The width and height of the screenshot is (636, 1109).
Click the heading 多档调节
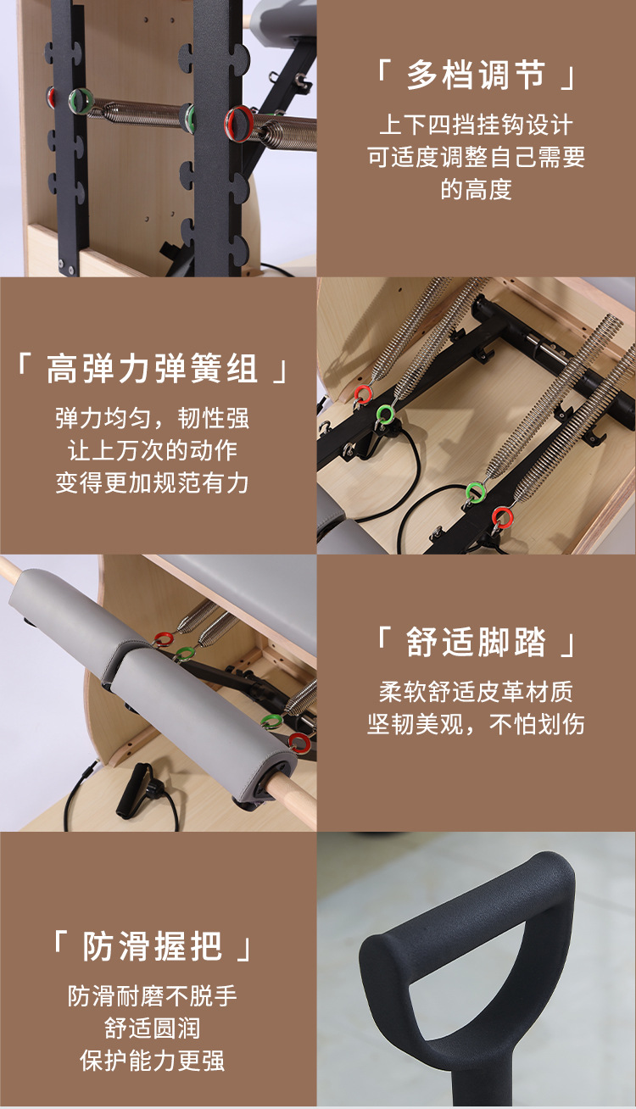(x=476, y=75)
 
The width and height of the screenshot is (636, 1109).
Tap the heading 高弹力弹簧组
(x=153, y=370)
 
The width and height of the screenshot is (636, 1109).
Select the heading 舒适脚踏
(x=476, y=642)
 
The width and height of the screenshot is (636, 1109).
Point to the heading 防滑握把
(x=153, y=946)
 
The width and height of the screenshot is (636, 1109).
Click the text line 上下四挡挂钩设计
(x=476, y=125)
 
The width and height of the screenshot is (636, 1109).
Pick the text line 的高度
(x=476, y=188)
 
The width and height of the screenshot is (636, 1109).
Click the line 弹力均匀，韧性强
(x=153, y=418)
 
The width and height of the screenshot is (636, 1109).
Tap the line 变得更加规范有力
(x=153, y=482)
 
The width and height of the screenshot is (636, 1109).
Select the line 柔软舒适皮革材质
(x=476, y=692)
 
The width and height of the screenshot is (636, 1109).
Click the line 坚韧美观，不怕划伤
(x=476, y=724)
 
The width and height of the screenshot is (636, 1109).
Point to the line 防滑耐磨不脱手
(x=153, y=995)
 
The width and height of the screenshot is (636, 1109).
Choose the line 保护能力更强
(x=153, y=1060)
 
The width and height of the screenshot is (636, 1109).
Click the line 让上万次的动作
(x=153, y=450)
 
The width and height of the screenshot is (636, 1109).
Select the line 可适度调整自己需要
(x=476, y=157)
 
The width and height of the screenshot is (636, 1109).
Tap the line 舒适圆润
(x=153, y=1028)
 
